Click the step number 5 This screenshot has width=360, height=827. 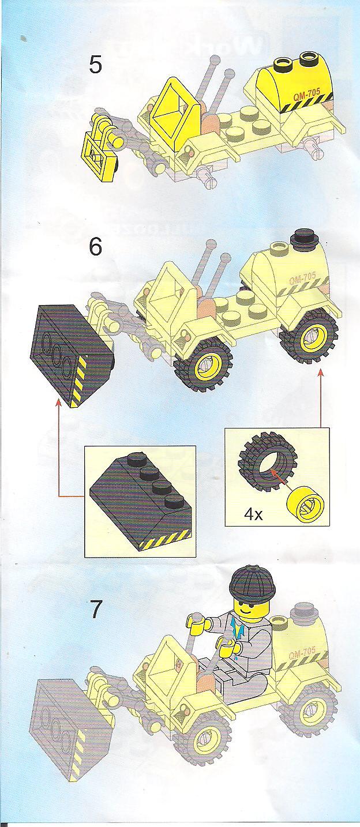(x=96, y=63)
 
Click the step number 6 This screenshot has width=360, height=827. (x=95, y=247)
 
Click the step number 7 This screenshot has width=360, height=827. (x=96, y=610)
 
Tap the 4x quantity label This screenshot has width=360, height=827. (x=253, y=514)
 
